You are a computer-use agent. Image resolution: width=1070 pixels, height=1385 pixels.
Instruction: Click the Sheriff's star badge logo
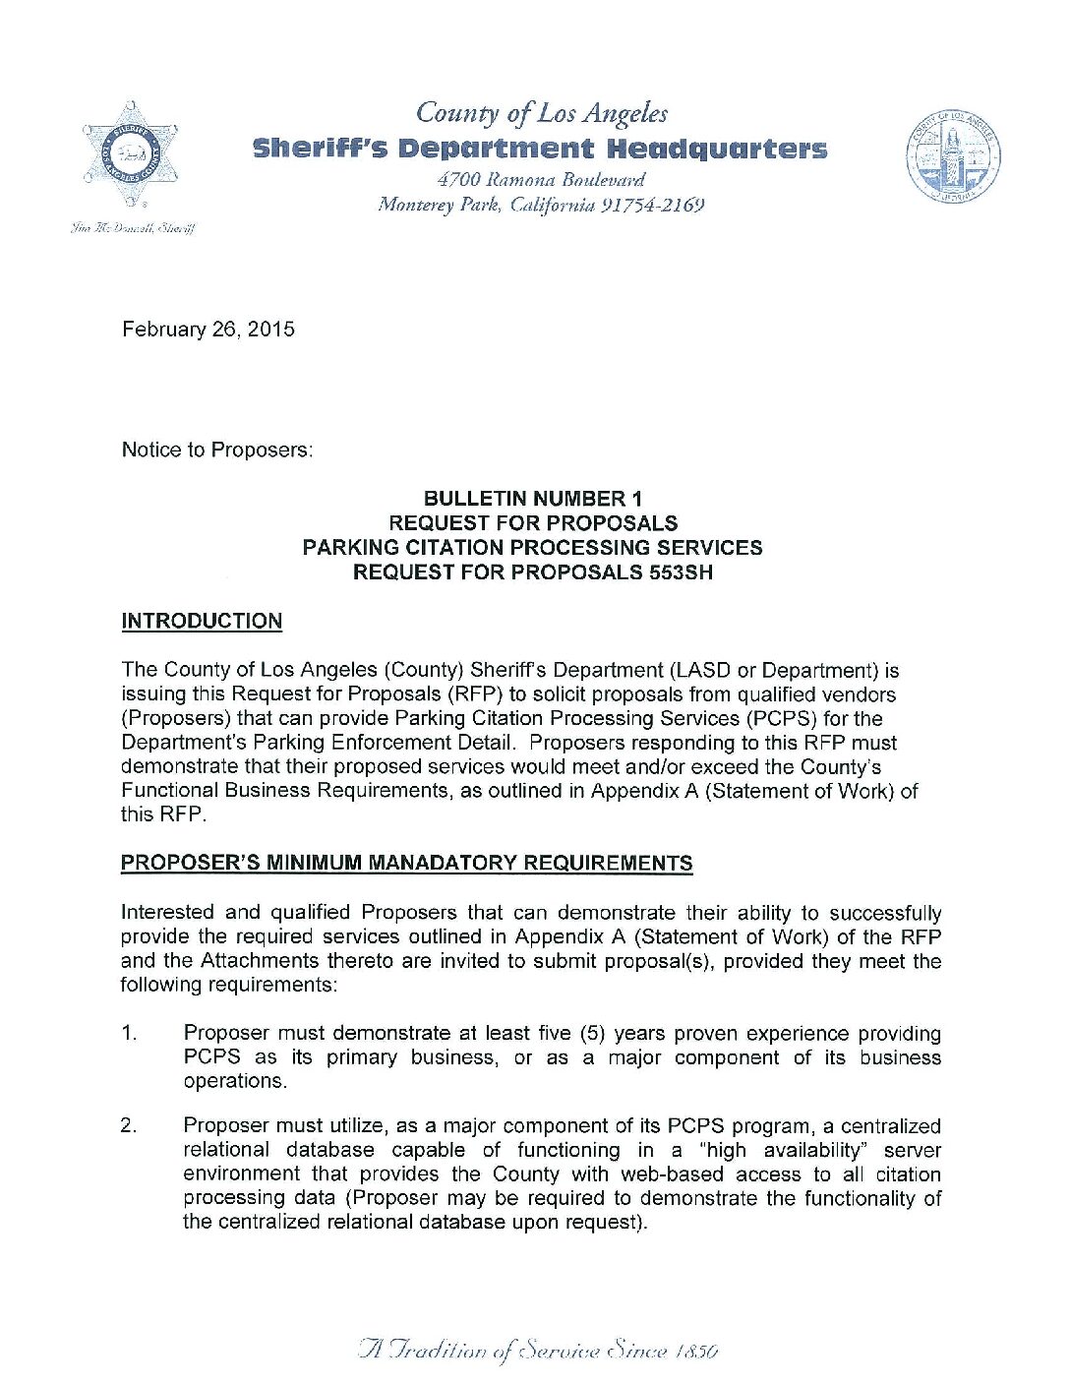(130, 155)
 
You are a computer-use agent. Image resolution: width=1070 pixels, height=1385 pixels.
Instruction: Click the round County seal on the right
(953, 157)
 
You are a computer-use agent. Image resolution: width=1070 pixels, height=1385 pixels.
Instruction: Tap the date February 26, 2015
(208, 330)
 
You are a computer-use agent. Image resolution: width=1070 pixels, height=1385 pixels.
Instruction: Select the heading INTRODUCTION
(202, 622)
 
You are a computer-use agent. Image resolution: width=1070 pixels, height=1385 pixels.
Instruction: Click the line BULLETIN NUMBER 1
(532, 499)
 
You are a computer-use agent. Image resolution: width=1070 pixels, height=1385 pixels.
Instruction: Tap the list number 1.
(129, 1034)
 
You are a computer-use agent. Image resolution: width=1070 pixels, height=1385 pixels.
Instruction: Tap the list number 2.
(129, 1126)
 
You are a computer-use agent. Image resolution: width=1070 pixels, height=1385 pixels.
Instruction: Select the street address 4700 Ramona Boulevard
(541, 180)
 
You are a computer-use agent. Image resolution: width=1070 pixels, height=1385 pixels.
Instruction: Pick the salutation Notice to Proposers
(216, 451)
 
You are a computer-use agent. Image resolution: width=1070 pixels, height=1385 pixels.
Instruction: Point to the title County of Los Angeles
(542, 113)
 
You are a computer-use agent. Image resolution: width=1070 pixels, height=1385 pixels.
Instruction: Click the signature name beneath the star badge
(132, 229)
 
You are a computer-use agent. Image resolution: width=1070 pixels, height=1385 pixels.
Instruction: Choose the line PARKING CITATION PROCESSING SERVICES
(532, 548)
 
